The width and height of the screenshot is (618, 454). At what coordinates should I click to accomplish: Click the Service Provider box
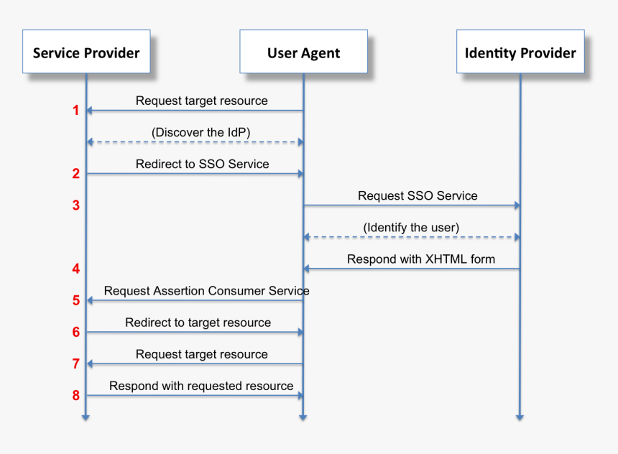[x=86, y=52]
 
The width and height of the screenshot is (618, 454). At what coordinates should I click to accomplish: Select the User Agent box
[x=303, y=52]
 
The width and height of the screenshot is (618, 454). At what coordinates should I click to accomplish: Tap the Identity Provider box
[x=520, y=52]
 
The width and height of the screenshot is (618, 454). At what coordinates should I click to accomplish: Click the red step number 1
[x=75, y=111]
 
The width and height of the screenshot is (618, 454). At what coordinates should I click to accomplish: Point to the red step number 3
[x=75, y=205]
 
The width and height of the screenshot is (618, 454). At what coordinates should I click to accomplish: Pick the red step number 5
[x=75, y=300]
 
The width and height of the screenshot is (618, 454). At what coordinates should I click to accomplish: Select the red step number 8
[x=75, y=395]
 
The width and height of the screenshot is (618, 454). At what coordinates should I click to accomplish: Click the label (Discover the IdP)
[x=201, y=132]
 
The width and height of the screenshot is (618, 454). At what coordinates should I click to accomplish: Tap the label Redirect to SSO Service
[x=202, y=164]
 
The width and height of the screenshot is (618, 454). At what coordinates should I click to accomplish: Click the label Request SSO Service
[x=418, y=195]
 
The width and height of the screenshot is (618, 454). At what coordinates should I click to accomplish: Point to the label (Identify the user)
[x=411, y=227]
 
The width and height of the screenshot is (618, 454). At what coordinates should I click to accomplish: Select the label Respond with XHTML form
[x=421, y=259]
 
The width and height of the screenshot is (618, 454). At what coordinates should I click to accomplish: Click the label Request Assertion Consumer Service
[x=207, y=290]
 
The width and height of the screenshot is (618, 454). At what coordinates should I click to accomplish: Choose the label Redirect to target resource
[x=198, y=323]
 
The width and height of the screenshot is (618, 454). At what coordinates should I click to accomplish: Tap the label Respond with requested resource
[x=201, y=386]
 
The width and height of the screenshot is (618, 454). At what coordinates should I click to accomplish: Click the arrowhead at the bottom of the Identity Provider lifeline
[x=520, y=416]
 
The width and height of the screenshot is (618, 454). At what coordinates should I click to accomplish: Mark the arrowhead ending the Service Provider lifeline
[x=86, y=416]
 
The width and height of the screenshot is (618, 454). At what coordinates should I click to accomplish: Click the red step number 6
[x=75, y=332]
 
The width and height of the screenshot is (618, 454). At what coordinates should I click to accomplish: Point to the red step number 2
[x=75, y=174]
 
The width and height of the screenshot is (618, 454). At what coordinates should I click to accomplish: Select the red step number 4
[x=75, y=269]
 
